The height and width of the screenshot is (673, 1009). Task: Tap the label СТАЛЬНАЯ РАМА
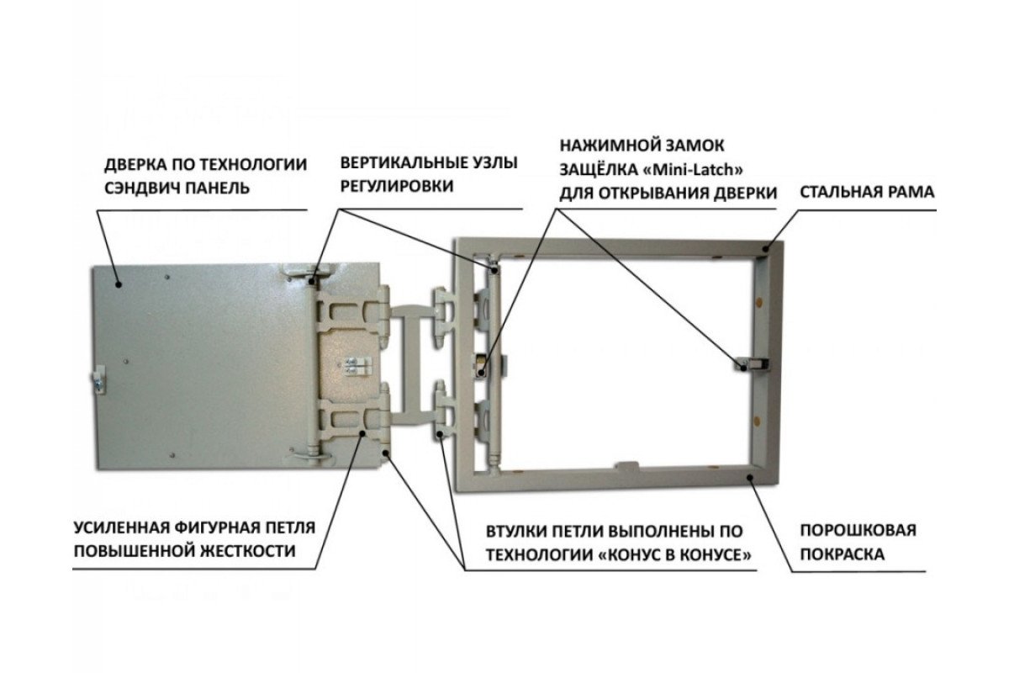[x=867, y=192]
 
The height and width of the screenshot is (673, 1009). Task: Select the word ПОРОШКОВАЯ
[x=858, y=530]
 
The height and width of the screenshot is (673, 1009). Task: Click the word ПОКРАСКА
[x=843, y=554]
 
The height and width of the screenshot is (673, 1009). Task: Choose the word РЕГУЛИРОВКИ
[x=397, y=186]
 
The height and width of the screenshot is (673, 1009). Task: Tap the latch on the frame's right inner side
[x=753, y=363]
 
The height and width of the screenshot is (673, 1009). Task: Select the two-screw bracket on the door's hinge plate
[x=357, y=366]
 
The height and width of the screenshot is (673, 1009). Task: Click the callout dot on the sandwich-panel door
[x=119, y=284]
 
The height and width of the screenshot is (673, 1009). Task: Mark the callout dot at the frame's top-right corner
[x=765, y=248]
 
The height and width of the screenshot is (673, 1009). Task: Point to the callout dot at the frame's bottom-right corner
[x=749, y=477]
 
